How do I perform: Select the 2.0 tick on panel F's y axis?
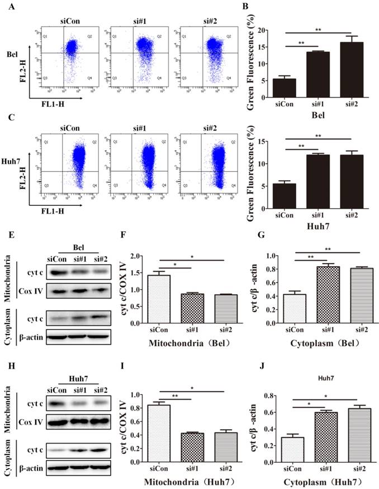click(135, 256)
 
